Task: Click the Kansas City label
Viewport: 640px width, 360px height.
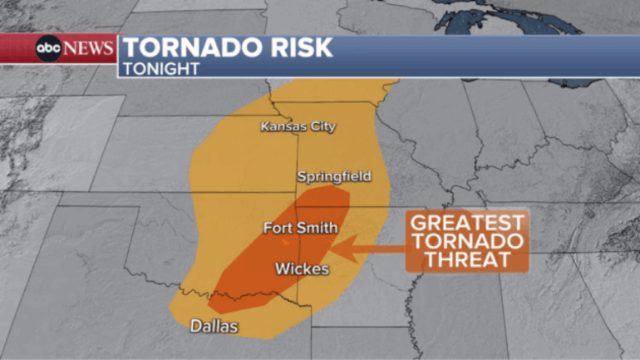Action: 298,127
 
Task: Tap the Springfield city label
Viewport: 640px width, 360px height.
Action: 334,177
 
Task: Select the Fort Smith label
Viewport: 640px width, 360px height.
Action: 300,228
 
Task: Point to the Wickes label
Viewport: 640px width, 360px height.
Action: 303,269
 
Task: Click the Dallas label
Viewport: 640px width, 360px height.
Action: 214,326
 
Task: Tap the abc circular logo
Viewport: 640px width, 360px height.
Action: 48,49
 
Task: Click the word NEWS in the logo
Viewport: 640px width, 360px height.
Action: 88,49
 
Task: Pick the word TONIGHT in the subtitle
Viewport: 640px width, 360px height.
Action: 161,69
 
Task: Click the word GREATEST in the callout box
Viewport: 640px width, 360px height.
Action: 468,223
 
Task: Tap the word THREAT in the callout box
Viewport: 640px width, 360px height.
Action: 468,259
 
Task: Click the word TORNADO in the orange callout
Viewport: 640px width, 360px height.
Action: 468,241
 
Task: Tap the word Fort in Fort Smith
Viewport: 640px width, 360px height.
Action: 278,228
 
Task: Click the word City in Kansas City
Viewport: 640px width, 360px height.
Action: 322,127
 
